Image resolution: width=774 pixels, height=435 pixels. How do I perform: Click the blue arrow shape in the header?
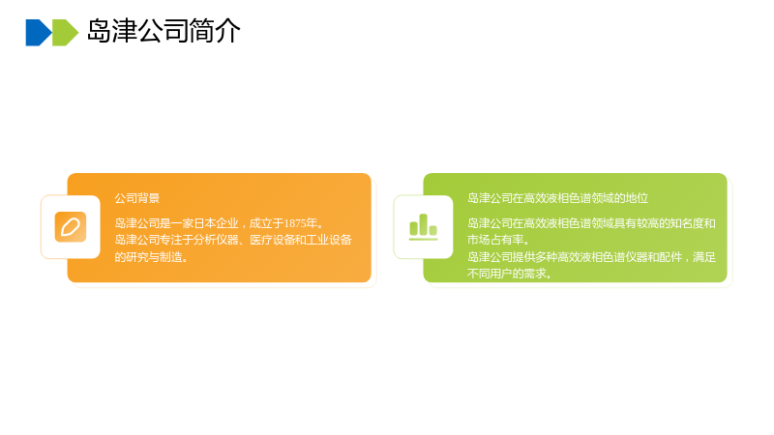coord(39,33)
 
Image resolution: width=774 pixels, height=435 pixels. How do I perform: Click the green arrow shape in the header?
coord(65,33)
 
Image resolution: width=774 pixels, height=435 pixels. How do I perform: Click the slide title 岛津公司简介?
coord(164,31)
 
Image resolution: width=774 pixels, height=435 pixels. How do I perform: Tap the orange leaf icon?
coord(71,227)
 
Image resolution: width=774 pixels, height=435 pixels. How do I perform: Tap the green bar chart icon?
coord(423,227)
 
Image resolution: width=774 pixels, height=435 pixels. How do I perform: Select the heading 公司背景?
coord(137,198)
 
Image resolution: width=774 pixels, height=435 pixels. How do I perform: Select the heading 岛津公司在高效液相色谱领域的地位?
coord(558,198)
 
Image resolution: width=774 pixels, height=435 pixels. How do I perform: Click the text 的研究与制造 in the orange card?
coord(149,257)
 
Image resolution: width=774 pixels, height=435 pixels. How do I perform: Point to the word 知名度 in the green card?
coord(688,223)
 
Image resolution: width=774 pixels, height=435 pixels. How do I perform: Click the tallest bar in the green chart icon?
coord(423,224)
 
